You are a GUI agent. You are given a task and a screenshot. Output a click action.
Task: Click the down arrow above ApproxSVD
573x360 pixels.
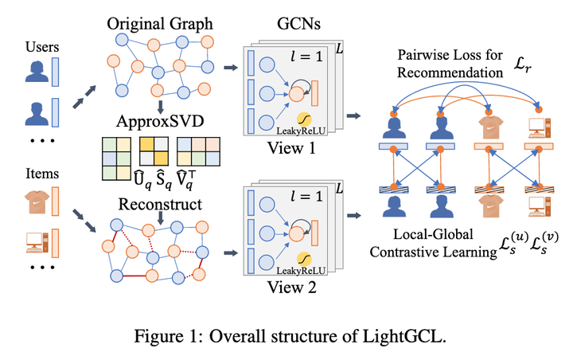click(x=161, y=107)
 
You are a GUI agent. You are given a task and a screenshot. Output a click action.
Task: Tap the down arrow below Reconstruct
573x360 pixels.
click(x=161, y=215)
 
